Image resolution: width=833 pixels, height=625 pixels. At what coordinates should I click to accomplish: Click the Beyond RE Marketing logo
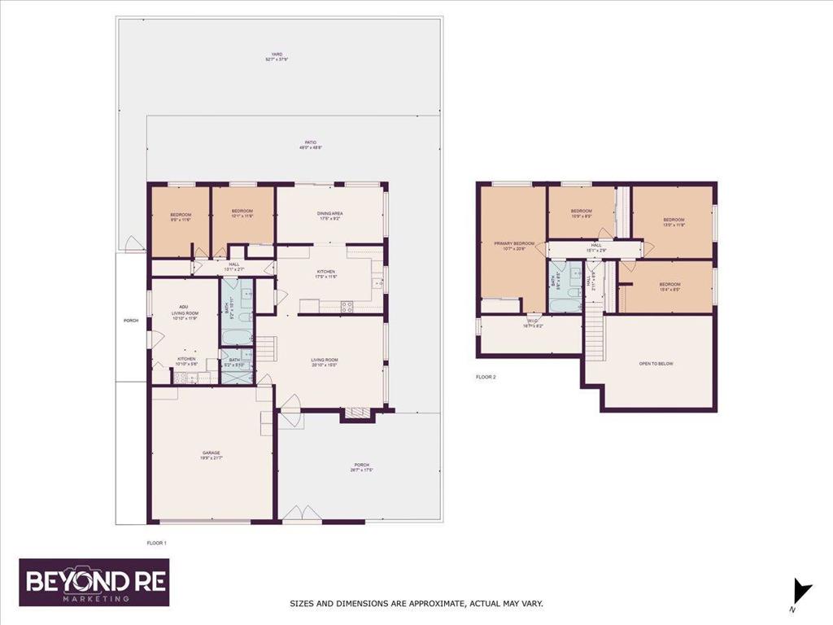pyautogui.click(x=94, y=582)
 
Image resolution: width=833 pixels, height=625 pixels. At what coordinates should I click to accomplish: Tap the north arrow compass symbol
pyautogui.click(x=802, y=591)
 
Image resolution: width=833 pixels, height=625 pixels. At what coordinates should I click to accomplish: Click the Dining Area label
pyautogui.click(x=330, y=216)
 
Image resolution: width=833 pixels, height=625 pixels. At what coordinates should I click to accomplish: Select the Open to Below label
pyautogui.click(x=656, y=363)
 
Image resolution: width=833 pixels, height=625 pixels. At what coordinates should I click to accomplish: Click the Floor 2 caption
pyautogui.click(x=486, y=377)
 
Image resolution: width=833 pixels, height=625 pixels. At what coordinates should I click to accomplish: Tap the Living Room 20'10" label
pyautogui.click(x=325, y=362)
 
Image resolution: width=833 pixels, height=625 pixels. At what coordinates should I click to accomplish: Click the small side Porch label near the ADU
pyautogui.click(x=131, y=320)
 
